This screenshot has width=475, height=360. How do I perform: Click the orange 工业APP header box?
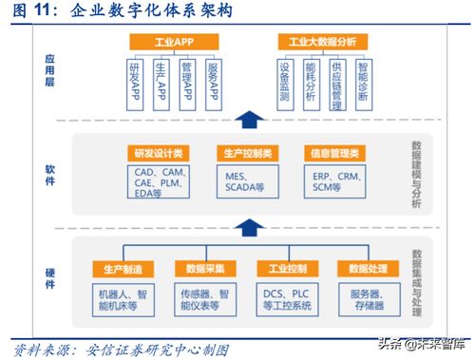(x=174, y=42)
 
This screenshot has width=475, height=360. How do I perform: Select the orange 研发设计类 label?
(x=159, y=153)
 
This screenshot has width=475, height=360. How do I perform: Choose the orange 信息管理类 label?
(x=335, y=153)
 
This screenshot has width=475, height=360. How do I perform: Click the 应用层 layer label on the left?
(x=50, y=70)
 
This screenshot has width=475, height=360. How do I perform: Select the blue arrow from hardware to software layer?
(x=247, y=228)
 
